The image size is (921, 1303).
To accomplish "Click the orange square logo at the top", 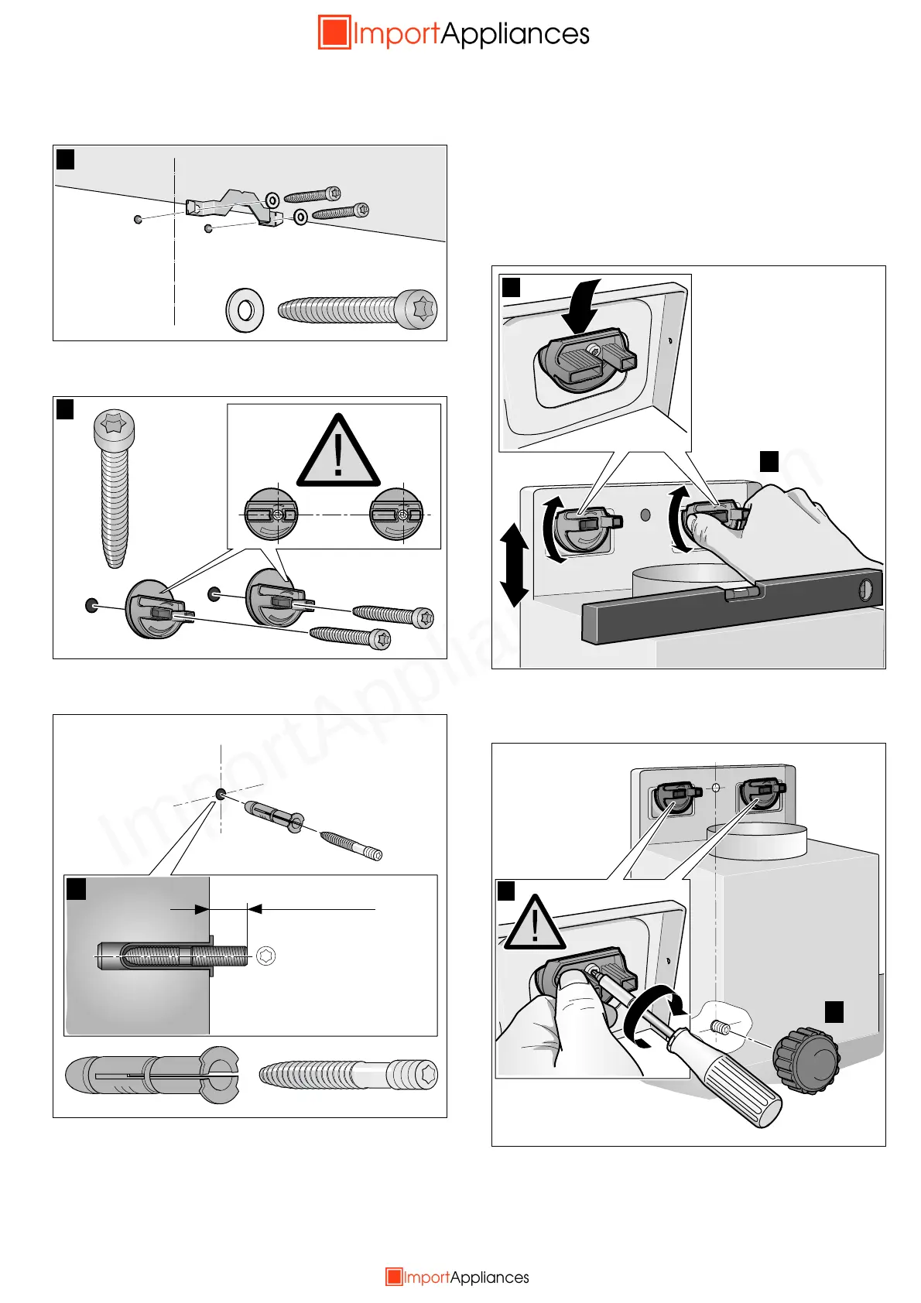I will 334,32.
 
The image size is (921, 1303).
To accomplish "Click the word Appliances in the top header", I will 515,34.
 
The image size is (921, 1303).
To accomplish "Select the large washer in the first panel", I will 245,310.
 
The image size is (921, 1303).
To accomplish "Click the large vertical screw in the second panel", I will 115,487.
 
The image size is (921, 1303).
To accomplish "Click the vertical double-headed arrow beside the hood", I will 513,564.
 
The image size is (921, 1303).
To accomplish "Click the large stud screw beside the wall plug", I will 348,1075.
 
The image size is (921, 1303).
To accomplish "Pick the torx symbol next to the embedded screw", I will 266,956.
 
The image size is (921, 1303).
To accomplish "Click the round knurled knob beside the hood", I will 806,1059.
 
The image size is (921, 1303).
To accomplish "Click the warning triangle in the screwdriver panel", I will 535,923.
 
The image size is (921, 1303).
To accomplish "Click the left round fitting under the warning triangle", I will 271,515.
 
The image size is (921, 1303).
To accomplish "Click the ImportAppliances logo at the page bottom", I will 457,1277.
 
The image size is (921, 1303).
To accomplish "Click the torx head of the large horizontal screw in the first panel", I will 420,310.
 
